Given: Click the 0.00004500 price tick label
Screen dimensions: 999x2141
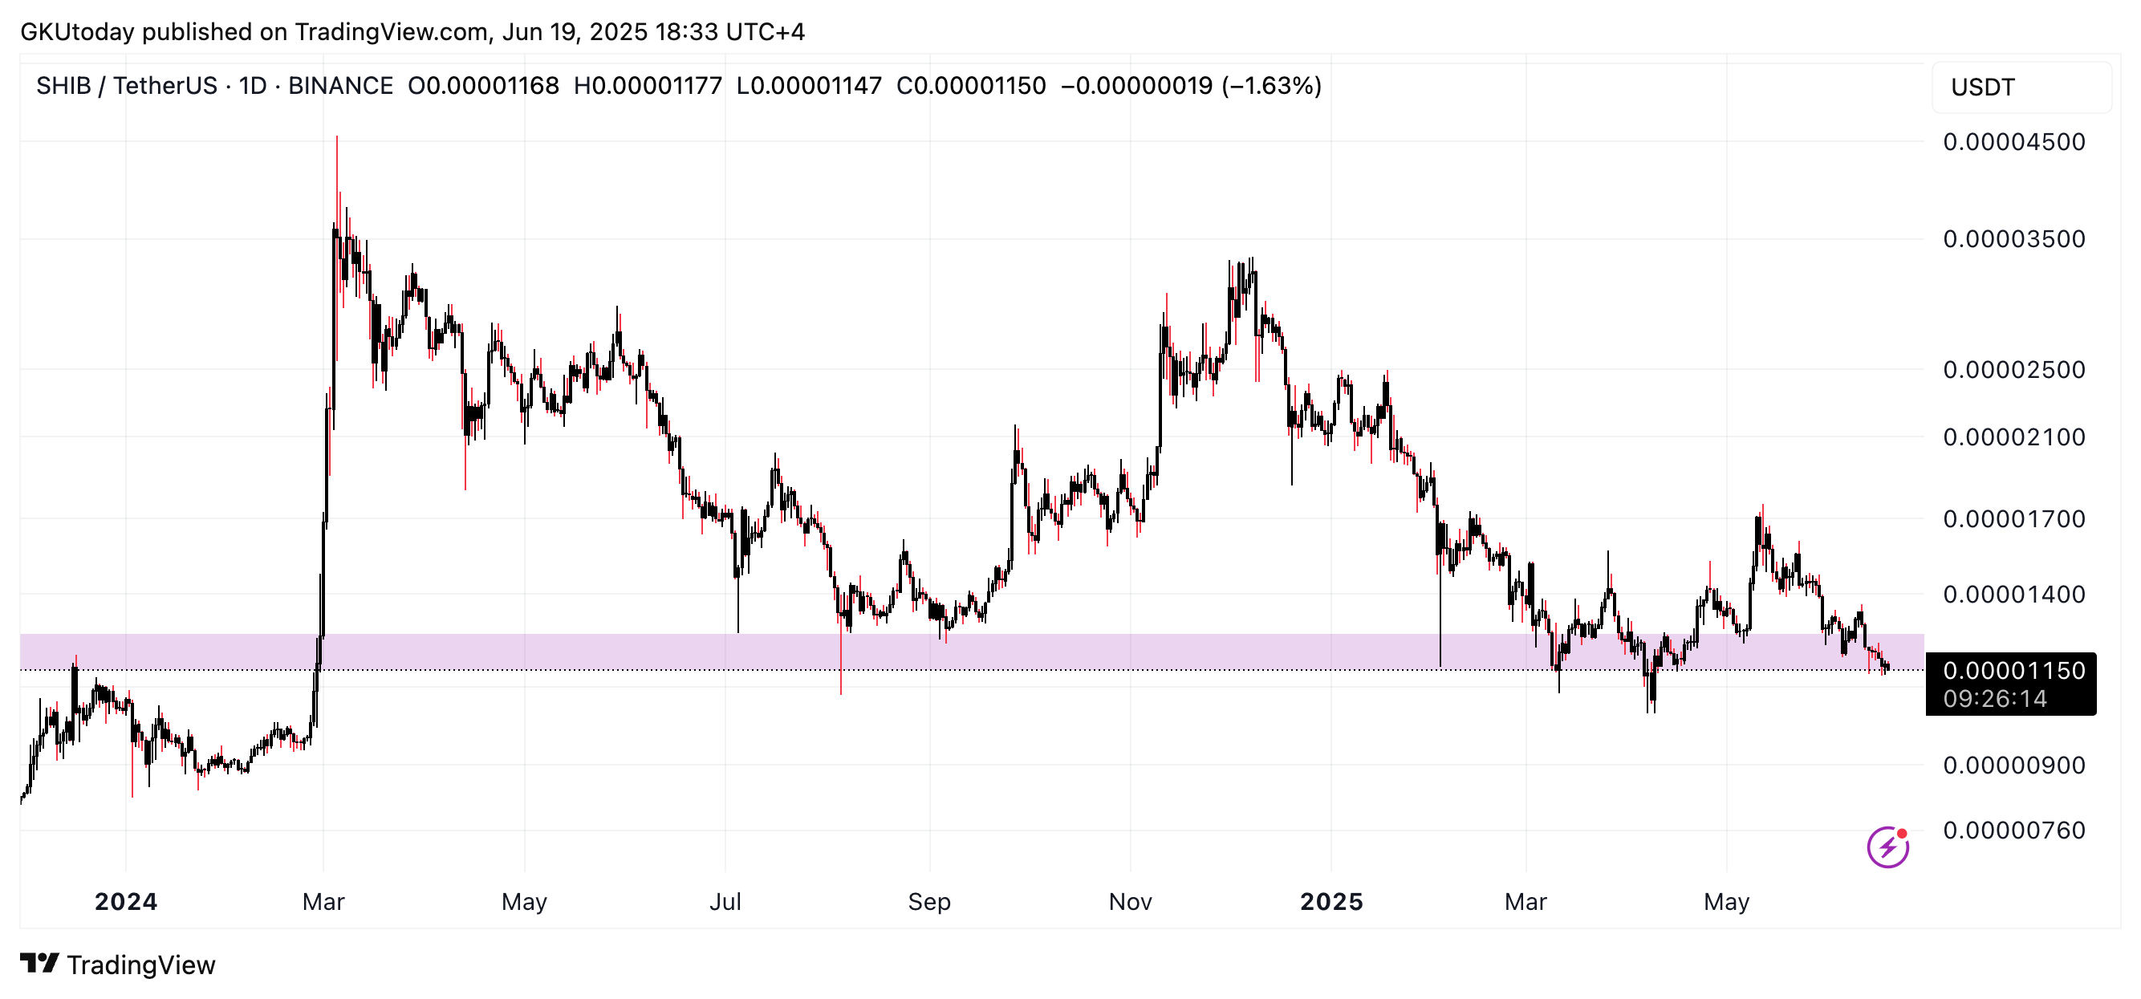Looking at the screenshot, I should pyautogui.click(x=2013, y=142).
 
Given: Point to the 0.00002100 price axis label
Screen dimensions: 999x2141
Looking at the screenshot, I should pyautogui.click(x=2013, y=437).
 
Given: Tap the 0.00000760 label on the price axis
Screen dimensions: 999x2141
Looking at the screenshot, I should pyautogui.click(x=2013, y=830).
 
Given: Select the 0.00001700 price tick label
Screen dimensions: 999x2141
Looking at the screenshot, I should pyautogui.click(x=2013, y=519).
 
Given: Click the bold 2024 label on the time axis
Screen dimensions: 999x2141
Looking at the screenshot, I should pyautogui.click(x=125, y=902).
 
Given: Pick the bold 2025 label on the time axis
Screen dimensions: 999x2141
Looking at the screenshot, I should pyautogui.click(x=1331, y=902).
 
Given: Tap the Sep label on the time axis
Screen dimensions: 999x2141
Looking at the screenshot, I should pyautogui.click(x=928, y=902).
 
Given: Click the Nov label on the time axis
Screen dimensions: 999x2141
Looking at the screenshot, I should pyautogui.click(x=1130, y=902).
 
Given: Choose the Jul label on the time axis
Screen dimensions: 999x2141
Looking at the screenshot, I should pyautogui.click(x=725, y=902).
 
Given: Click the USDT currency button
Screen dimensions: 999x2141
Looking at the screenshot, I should pyautogui.click(x=1982, y=87).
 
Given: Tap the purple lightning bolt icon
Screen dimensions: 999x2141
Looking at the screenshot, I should pyautogui.click(x=1887, y=847).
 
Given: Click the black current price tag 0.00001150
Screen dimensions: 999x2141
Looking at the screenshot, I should pyautogui.click(x=2013, y=672).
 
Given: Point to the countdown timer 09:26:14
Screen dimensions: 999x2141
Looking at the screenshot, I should pyautogui.click(x=1995, y=699).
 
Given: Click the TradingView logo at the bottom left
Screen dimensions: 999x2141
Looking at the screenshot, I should pyautogui.click(x=117, y=965).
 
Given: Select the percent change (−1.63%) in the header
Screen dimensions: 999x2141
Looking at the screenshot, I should pyautogui.click(x=1271, y=86).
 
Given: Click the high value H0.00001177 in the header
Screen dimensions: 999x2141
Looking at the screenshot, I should pyautogui.click(x=648, y=86).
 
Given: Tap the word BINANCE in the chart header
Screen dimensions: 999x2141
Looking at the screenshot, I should pyautogui.click(x=340, y=86).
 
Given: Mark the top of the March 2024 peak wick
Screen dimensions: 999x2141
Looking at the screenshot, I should pyautogui.click(x=336, y=137).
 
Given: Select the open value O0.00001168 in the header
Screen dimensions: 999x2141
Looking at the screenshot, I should pyautogui.click(x=483, y=86).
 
